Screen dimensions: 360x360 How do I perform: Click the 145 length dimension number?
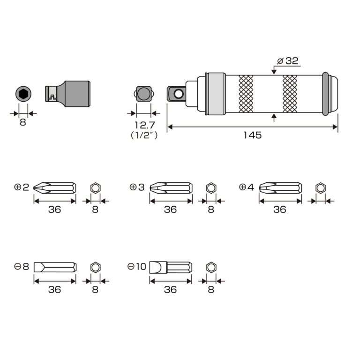tap(252, 135)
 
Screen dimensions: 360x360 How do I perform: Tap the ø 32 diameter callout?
tap(288, 61)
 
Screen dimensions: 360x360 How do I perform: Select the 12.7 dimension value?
tap(144, 125)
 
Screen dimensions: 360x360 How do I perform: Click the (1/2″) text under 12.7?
tap(144, 135)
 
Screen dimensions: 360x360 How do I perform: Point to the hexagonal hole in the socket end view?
tap(23, 94)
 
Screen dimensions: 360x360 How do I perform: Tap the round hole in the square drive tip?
tap(179, 94)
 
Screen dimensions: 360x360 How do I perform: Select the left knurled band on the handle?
tap(246, 94)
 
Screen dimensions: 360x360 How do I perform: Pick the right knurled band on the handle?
tap(290, 94)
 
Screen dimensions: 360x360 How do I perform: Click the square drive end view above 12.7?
tap(144, 94)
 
